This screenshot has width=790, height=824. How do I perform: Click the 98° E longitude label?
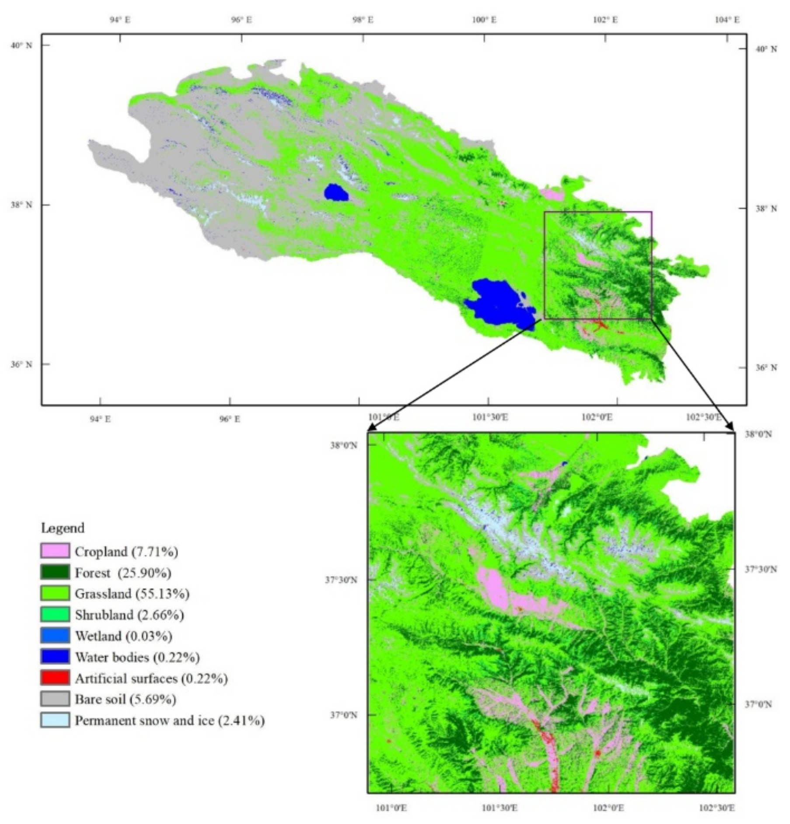pyautogui.click(x=363, y=20)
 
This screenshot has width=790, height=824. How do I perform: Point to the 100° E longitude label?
pyautogui.click(x=485, y=20)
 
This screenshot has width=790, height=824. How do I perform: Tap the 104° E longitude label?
pyautogui.click(x=727, y=20)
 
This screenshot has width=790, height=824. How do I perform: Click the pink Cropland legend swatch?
pyautogui.click(x=55, y=551)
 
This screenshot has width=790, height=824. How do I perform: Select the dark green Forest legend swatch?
pyautogui.click(x=55, y=572)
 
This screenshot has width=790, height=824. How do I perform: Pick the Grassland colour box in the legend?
pyautogui.click(x=55, y=593)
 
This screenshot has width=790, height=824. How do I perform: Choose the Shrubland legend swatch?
pyautogui.click(x=55, y=614)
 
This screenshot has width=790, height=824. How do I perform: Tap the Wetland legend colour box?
pyautogui.click(x=55, y=635)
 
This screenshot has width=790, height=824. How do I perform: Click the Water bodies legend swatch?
pyautogui.click(x=55, y=656)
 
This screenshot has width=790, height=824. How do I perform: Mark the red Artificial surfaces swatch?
pyautogui.click(x=55, y=677)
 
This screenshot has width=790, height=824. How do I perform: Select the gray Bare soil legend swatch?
pyautogui.click(x=55, y=698)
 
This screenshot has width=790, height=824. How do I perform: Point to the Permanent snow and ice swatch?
pyautogui.click(x=55, y=720)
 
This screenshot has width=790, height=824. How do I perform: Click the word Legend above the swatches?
pyautogui.click(x=63, y=528)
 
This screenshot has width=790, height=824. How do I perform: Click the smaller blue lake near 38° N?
pyautogui.click(x=336, y=192)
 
